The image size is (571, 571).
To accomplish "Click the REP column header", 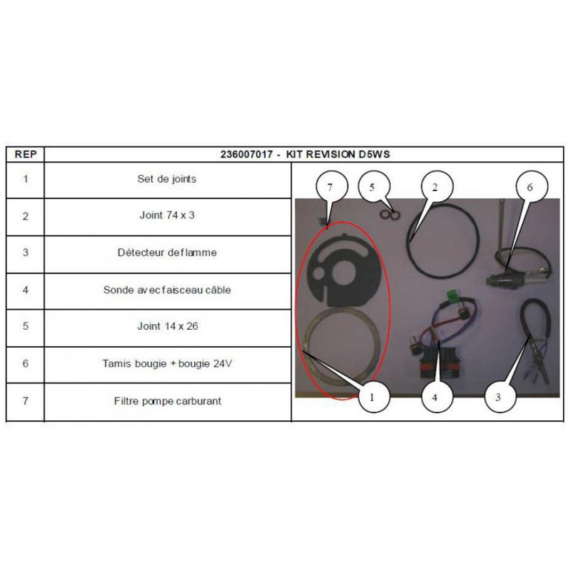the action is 26,154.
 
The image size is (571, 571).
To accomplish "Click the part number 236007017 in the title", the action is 246,154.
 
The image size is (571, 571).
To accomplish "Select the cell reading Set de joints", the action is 167,179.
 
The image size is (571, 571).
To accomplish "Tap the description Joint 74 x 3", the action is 167,216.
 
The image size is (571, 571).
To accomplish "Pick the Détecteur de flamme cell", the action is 167,253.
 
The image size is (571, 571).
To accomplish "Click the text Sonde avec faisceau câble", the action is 167,290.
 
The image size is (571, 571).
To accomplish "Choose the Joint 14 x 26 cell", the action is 168,326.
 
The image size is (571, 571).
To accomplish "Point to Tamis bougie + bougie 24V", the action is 167,363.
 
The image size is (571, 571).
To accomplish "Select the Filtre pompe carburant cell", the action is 168,401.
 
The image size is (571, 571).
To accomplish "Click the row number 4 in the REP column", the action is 26,290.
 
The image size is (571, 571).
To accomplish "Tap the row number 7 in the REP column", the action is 26,401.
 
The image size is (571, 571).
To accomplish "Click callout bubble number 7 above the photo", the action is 330,187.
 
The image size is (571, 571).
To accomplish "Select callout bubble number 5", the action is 372,187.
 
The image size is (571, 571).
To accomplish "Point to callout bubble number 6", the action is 530,187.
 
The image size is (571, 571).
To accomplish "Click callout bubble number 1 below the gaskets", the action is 372,397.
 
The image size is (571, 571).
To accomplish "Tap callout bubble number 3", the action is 498,397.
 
